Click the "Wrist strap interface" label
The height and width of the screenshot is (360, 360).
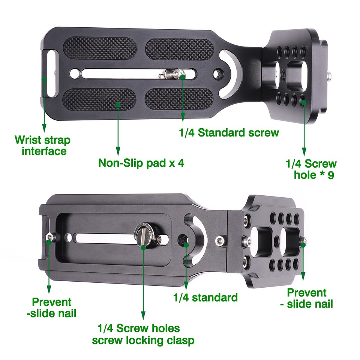(42, 145)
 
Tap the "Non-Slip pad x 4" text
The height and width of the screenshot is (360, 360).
(141, 163)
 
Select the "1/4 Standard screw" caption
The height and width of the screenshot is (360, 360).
(228, 132)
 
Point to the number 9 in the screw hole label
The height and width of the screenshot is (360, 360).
(330, 175)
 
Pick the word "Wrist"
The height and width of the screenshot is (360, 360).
(28, 140)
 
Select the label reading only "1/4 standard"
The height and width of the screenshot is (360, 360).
(205, 298)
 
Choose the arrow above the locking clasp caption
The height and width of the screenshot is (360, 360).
(143, 281)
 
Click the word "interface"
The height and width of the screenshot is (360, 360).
(44, 151)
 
